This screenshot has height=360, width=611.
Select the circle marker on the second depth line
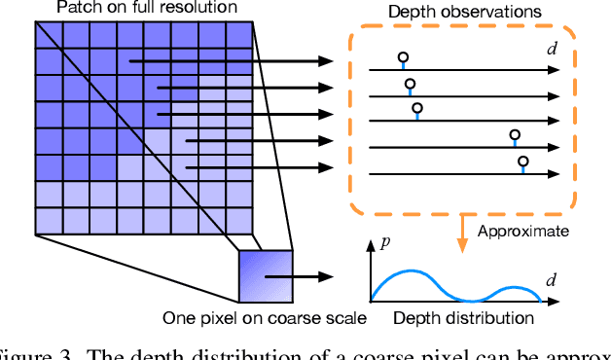pyautogui.click(x=410, y=85)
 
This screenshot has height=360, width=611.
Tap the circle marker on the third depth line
pyautogui.click(x=416, y=109)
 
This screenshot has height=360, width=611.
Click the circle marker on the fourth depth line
pyautogui.click(x=515, y=135)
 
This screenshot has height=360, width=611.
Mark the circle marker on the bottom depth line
pyautogui.click(x=522, y=161)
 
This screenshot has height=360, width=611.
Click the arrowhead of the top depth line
pyautogui.click(x=554, y=70)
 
